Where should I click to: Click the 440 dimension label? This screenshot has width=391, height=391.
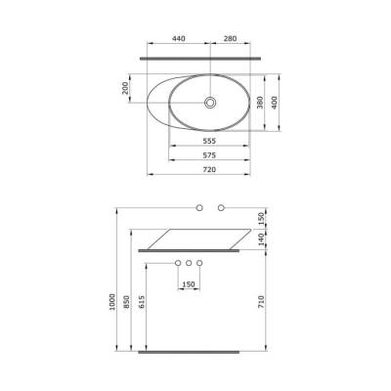tap(179, 39)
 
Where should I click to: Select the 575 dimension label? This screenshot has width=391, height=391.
tap(208, 154)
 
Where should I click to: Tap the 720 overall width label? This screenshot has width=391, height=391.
tap(208, 169)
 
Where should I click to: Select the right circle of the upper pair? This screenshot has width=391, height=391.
tap(221, 208)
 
